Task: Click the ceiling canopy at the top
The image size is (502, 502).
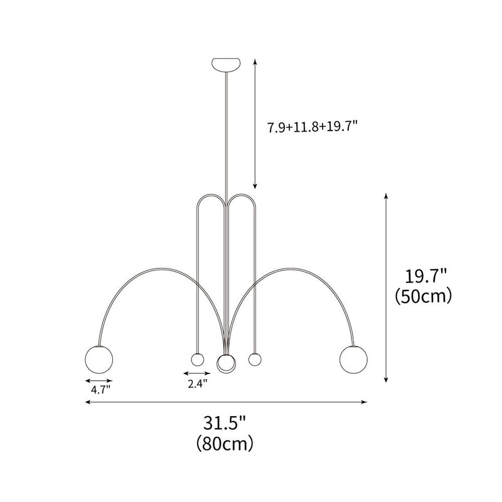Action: pyautogui.click(x=226, y=64)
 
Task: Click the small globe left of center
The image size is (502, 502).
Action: pyautogui.click(x=198, y=360)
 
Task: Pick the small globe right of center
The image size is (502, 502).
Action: pyautogui.click(x=254, y=360)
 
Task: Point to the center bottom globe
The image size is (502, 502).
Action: pyautogui.click(x=226, y=363)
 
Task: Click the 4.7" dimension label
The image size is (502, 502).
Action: pyautogui.click(x=99, y=389)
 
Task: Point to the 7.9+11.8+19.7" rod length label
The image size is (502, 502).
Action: pyautogui.click(x=312, y=126)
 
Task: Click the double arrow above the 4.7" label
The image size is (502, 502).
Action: pyautogui.click(x=99, y=380)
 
